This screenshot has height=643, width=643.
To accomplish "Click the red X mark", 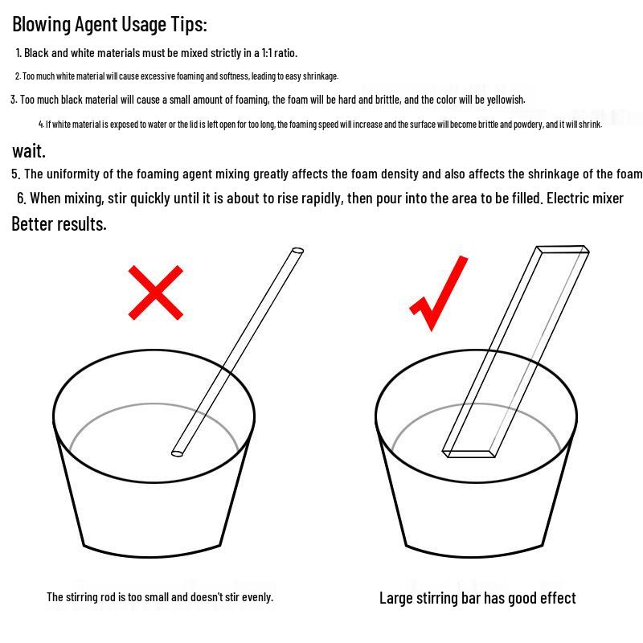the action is coord(155,293).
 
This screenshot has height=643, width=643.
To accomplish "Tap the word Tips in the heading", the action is coord(189,25).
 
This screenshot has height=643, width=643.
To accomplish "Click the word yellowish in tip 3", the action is coord(506,100).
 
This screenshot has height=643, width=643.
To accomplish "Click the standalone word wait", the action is coord(29,151).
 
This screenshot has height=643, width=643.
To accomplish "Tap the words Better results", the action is coord(59,224).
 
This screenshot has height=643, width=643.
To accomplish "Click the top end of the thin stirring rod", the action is coord(297,251).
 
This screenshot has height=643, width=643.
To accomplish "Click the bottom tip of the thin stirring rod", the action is coord(177,453).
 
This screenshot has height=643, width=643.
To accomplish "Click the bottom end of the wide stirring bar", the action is coord(469,453).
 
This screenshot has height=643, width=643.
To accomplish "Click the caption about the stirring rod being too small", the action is coord(160,597).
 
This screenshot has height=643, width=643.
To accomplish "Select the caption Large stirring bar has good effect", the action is coord(477,598).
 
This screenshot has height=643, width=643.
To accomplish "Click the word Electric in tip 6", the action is coord(568,199).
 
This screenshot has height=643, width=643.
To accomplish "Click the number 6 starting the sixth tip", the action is coord(21,199).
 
